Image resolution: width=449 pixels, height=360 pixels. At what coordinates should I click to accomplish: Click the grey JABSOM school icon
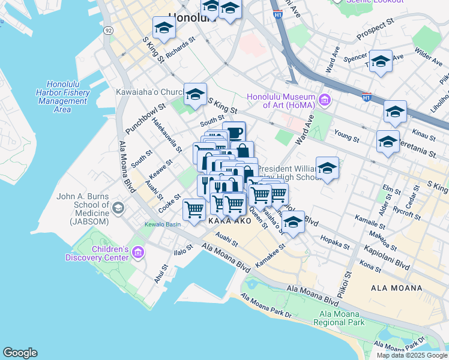click(x=118, y=208)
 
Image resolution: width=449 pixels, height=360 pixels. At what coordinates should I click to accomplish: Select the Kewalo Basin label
click(x=162, y=225)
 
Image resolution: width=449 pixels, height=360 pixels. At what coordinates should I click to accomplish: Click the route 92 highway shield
click(x=107, y=29)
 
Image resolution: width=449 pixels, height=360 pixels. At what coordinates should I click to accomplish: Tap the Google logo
click(x=20, y=353)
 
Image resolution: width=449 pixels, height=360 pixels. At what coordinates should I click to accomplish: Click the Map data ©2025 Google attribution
click(x=412, y=355)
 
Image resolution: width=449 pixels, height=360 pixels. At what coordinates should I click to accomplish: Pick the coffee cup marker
click(x=234, y=133)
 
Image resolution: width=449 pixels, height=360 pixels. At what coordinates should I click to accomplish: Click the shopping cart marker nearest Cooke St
click(x=194, y=210)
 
